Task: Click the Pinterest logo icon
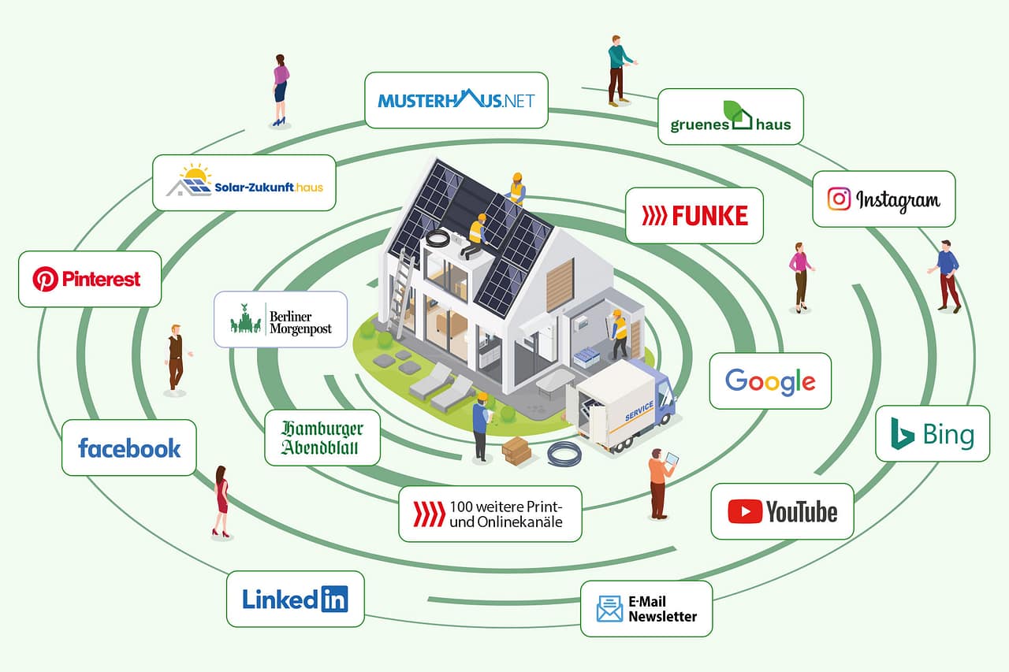[45, 279]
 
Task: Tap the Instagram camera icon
[840, 199]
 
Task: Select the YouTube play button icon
[745, 512]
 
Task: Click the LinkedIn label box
[295, 599]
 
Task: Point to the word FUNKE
[709, 215]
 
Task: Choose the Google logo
[770, 381]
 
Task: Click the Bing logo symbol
[903, 434]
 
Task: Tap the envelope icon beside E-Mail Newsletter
[609, 609]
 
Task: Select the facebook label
[129, 448]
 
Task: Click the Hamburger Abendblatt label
[322, 438]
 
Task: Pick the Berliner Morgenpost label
[281, 319]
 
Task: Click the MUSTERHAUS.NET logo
[456, 100]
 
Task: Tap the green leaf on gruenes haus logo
[733, 110]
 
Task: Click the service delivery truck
[627, 406]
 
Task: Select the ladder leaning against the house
[402, 292]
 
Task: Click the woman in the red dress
[222, 501]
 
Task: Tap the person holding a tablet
[659, 483]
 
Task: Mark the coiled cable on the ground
[564, 454]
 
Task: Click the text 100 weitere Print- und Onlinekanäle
[505, 514]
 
